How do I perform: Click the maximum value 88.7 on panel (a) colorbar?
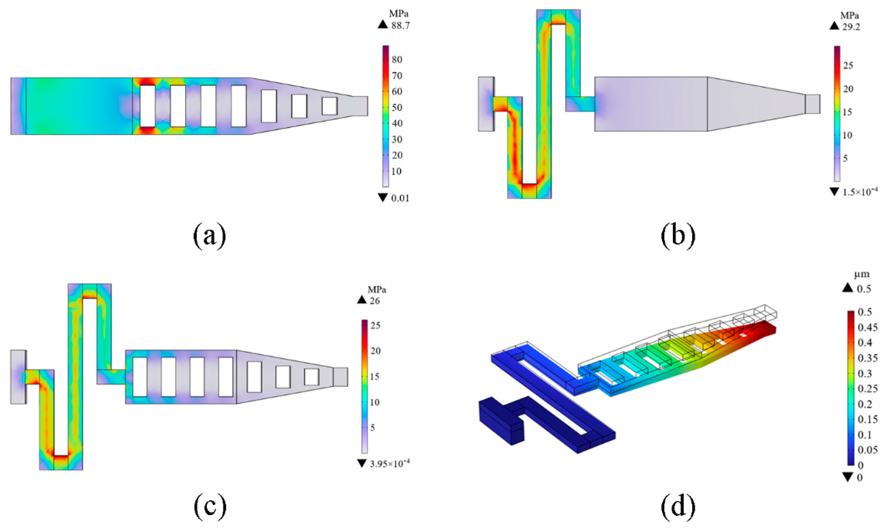(400, 26)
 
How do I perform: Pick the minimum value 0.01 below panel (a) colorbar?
(400, 198)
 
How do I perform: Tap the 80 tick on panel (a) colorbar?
(397, 60)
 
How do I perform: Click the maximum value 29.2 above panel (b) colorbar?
(851, 27)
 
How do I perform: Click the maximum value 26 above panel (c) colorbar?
(375, 301)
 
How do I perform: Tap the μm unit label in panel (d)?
(862, 275)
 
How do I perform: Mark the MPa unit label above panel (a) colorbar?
(399, 14)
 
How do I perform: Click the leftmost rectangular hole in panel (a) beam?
(148, 106)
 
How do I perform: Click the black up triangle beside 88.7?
(383, 25)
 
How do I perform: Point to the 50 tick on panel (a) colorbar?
(397, 108)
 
